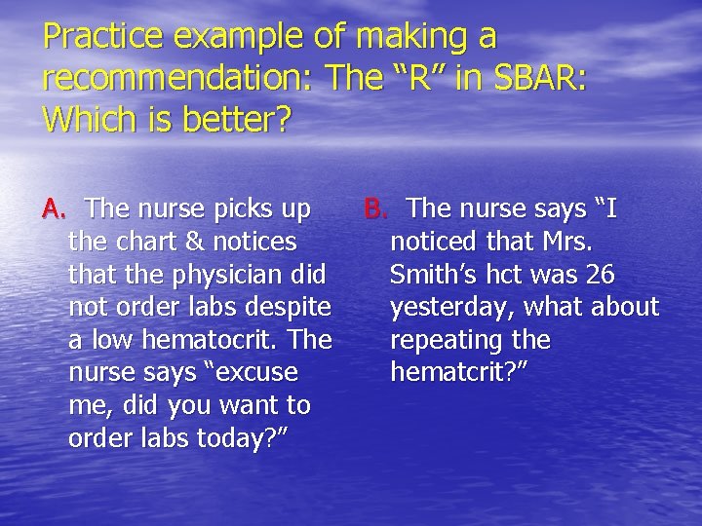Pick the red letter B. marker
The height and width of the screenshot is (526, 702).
coord(376,208)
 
